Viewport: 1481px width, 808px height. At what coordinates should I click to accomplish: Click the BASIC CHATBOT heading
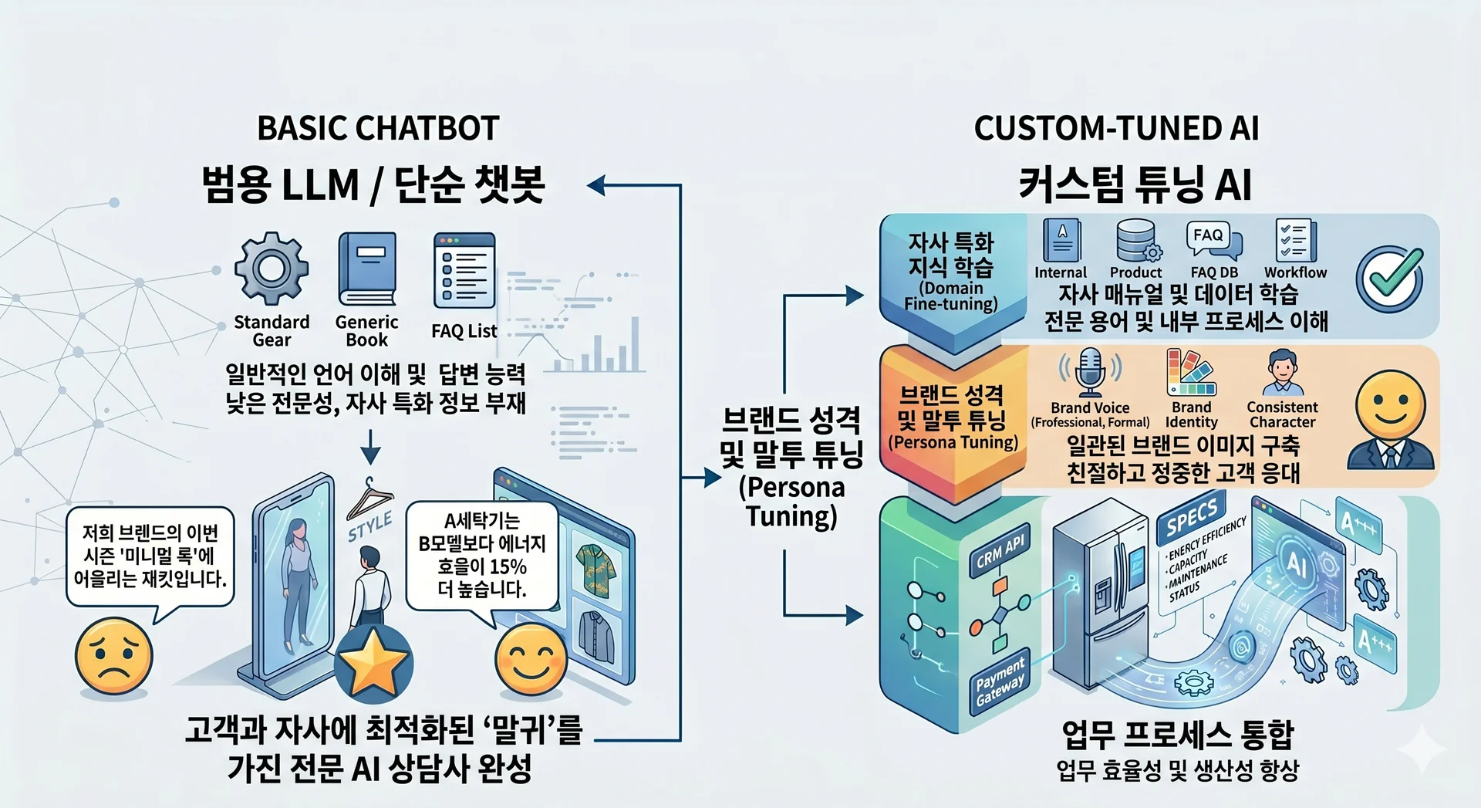[378, 128]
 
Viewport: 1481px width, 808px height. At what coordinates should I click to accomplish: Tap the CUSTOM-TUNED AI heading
[1116, 128]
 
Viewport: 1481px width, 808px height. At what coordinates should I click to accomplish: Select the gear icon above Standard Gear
[272, 269]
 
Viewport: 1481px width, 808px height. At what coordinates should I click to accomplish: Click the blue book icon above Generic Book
[366, 269]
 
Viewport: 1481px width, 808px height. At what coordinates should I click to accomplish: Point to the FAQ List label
[464, 331]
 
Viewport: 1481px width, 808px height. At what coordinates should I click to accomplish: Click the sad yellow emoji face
[113, 658]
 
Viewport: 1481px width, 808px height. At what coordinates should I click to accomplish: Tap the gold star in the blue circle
[373, 663]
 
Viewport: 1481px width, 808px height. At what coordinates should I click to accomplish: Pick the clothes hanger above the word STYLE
[369, 498]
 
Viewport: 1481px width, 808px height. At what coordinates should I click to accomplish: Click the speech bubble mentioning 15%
[481, 556]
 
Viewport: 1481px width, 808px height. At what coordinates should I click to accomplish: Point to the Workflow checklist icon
[1295, 242]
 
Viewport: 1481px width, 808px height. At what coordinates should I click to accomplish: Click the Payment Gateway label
[1000, 681]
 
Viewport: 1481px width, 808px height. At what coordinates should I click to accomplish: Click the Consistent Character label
[1282, 414]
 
